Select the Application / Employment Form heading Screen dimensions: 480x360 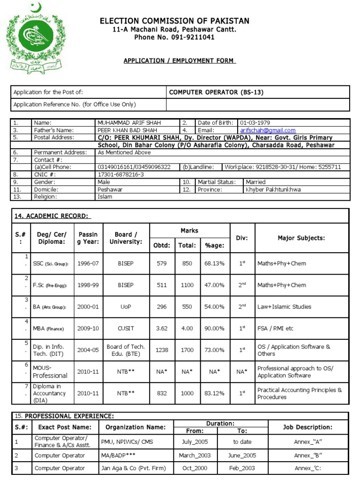coord(180,61)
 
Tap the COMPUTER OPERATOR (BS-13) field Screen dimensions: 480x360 coord(216,92)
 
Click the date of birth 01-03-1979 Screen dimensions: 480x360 coord(255,123)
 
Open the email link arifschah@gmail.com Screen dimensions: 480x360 coord(268,130)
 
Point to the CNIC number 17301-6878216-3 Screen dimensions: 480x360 coord(120,174)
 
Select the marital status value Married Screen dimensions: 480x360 coord(255,182)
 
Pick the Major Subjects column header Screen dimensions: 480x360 coord(301,238)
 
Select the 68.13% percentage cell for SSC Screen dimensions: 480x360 coord(215,263)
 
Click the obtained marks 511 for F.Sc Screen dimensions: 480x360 coord(162,285)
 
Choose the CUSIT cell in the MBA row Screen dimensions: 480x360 coord(126,329)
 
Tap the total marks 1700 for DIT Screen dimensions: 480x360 coord(187,350)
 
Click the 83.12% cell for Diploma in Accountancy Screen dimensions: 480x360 coord(215,394)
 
